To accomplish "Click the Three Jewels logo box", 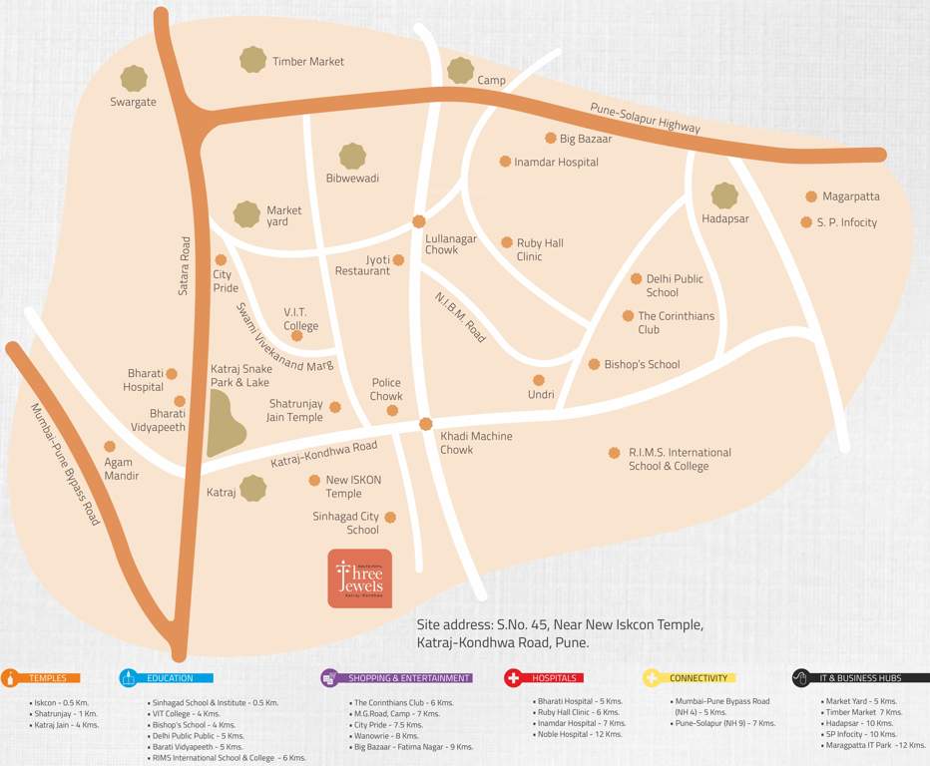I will tap(359, 578).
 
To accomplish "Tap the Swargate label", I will tap(133, 102).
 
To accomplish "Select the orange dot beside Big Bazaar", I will tap(550, 139).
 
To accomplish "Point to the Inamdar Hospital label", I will tap(556, 162).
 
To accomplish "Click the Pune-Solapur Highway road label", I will tap(645, 119).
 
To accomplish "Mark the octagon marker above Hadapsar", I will tap(724, 195).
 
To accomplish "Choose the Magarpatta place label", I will tap(850, 196).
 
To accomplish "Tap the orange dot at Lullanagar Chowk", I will tap(419, 221).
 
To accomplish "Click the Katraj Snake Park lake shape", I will tap(226, 423).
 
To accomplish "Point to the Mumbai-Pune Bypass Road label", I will tap(65, 464).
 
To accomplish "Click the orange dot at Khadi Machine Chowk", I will tap(425, 424).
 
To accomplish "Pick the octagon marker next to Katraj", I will tap(253, 489).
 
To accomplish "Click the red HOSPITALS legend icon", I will tap(514, 678).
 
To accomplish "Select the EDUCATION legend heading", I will tap(170, 678).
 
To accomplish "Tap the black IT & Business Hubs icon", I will tap(800, 678).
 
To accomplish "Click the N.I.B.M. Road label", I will tap(460, 318).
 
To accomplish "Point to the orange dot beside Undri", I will tap(539, 380).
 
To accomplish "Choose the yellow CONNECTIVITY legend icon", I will tap(652, 678).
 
